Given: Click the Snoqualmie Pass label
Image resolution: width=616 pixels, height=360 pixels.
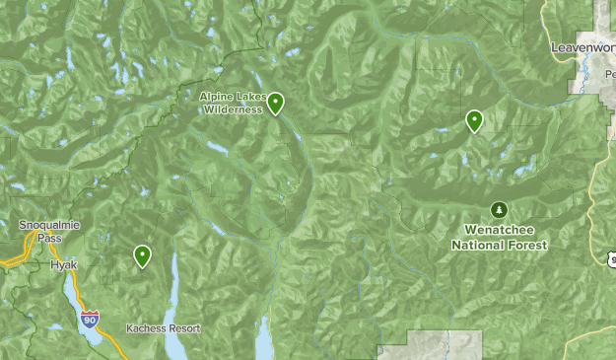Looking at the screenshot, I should pyautogui.click(x=43, y=231).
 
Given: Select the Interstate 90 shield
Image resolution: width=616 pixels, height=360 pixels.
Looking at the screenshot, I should pyautogui.click(x=90, y=319).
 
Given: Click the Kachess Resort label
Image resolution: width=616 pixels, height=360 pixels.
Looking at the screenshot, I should pyautogui.click(x=163, y=328).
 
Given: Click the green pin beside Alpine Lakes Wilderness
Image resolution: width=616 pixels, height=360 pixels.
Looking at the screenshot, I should pyautogui.click(x=276, y=103).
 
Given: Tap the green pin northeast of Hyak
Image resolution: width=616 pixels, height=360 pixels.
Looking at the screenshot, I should pyautogui.click(x=143, y=256).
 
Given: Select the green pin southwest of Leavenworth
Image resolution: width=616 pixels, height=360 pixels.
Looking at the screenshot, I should pyautogui.click(x=475, y=120).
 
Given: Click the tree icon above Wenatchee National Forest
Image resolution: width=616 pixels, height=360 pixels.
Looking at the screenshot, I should pyautogui.click(x=499, y=210).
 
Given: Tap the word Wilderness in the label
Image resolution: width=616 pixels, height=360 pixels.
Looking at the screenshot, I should pyautogui.click(x=234, y=109).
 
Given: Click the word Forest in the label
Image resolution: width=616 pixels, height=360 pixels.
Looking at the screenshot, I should pyautogui.click(x=527, y=244).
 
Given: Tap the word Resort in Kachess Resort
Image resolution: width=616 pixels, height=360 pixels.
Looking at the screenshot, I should pyautogui.click(x=183, y=328).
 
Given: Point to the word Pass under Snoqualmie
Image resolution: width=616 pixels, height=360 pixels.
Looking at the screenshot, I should pyautogui.click(x=43, y=238).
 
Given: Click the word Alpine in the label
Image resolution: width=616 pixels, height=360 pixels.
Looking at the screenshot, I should pyautogui.click(x=215, y=97).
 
